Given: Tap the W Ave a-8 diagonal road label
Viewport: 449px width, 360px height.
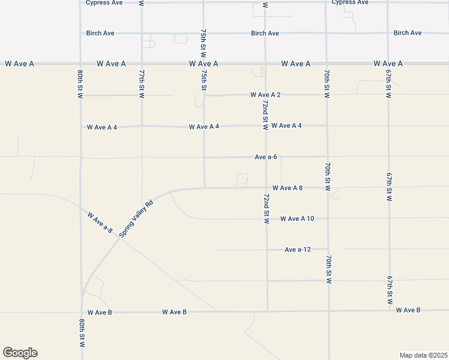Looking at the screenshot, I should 100,222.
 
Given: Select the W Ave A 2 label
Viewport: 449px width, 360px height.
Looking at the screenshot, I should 265,95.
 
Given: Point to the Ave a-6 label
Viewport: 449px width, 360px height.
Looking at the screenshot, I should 266,157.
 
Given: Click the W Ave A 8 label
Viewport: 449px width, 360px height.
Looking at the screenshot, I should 287,188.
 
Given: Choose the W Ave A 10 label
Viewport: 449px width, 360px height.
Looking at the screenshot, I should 297,218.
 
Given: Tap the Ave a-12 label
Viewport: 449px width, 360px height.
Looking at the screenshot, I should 298,250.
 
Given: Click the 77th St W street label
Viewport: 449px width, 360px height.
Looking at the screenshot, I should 142,84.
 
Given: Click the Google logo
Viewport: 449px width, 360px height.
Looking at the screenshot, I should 20,353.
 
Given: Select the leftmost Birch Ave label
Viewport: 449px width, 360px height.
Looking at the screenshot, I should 100,33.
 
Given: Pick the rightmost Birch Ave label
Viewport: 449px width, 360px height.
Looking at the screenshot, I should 408,33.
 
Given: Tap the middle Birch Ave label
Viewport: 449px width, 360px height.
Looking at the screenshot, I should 265,33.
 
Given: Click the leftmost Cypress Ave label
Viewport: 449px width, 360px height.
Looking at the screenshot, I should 104,2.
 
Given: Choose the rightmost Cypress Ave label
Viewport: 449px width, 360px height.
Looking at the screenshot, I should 350,2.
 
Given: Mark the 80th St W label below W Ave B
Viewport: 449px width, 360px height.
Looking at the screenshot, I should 81,333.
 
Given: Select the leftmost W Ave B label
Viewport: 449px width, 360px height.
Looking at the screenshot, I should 100,312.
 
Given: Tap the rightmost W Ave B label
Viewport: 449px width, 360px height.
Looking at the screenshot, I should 408,310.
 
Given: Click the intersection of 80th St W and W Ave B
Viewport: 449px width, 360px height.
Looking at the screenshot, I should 81,312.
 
